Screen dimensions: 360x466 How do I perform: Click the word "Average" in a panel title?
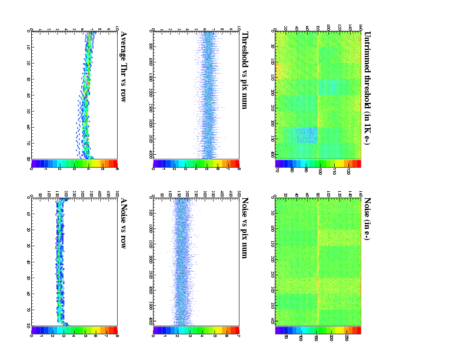(124, 47)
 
